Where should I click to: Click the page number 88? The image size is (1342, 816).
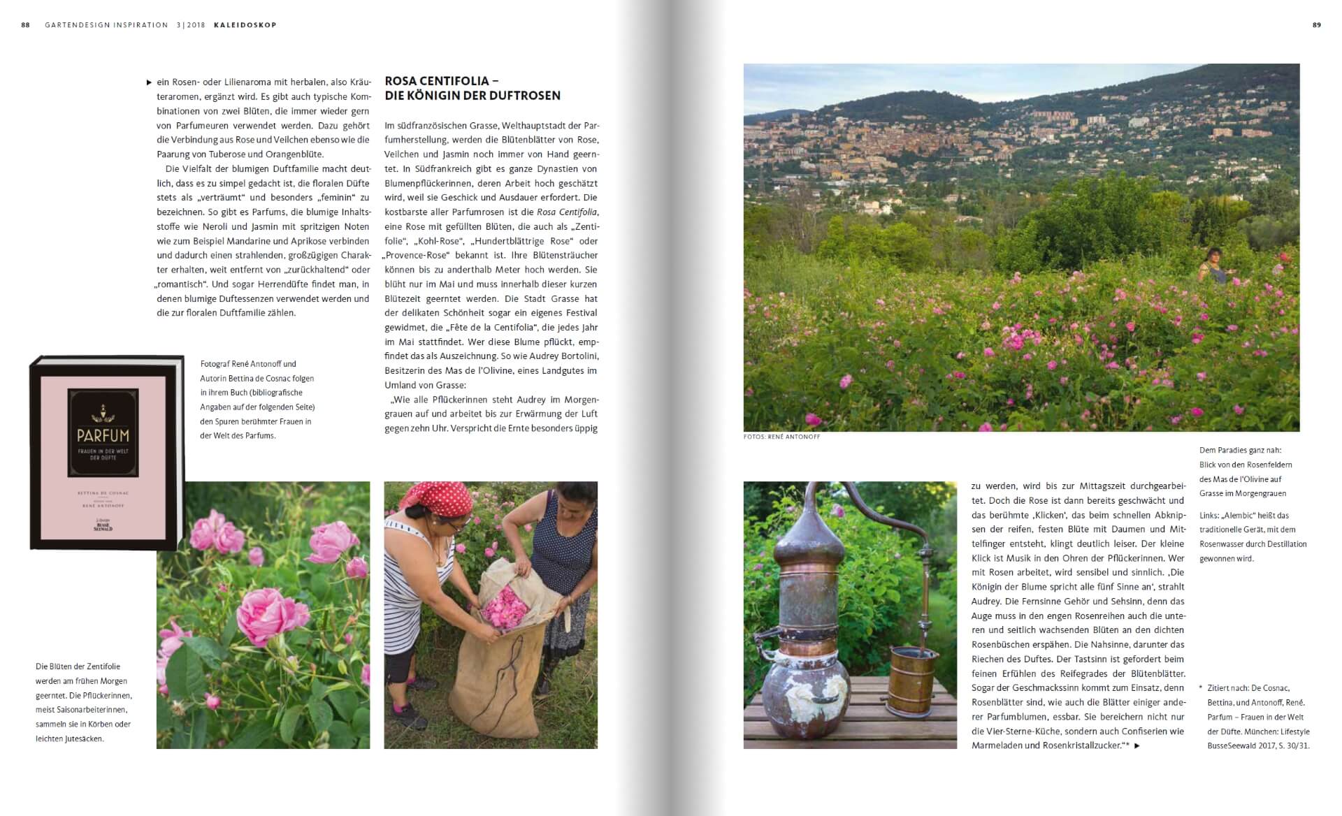25,25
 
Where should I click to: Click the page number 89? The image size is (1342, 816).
1317,25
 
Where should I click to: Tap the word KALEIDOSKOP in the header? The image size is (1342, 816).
245,25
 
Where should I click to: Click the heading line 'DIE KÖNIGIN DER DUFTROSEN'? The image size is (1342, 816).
472,96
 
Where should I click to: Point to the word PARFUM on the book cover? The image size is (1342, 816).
103,435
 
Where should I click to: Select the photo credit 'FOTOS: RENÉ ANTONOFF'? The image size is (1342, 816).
781,437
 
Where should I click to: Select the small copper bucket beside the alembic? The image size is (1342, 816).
913,678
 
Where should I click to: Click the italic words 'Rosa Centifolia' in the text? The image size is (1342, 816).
566,212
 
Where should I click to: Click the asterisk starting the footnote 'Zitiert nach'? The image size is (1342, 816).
1201,688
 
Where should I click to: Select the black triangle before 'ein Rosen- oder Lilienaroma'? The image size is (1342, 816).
149,82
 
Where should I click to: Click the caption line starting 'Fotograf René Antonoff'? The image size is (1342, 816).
248,364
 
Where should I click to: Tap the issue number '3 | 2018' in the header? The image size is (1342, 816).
191,25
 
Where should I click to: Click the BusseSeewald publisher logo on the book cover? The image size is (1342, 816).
103,527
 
